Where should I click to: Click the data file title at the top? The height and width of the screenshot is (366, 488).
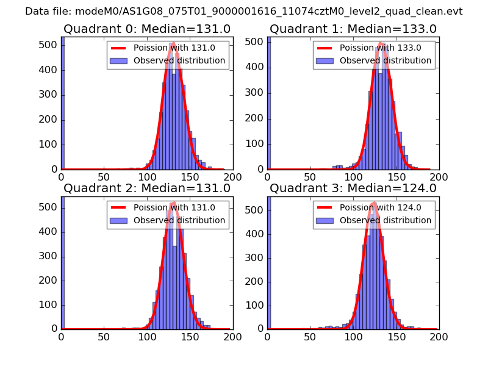pos(243,12)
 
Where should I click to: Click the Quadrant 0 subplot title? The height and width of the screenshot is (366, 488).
pos(147,29)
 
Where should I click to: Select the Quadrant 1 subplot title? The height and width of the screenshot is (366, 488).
pos(353,29)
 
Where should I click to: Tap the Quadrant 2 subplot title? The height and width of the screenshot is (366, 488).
pos(147,188)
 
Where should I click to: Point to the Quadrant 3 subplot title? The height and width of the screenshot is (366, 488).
pos(353,188)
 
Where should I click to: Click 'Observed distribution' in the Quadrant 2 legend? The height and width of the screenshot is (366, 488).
pos(179,220)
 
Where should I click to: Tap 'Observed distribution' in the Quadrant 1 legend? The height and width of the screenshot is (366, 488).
pos(386,61)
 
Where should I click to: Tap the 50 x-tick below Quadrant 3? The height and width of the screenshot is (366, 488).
pos(310,336)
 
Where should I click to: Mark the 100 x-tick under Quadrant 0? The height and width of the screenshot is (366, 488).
pos(147,177)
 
